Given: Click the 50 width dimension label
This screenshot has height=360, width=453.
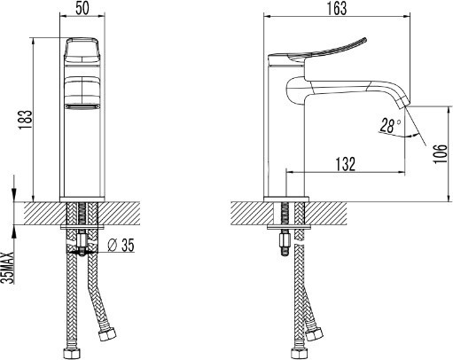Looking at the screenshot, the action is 82,8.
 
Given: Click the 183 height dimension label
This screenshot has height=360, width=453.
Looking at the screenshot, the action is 25,120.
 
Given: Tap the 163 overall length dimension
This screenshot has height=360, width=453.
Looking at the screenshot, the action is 337,8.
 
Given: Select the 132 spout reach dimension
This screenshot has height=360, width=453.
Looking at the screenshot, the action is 345,164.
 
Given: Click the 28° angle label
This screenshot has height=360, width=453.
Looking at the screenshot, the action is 390,126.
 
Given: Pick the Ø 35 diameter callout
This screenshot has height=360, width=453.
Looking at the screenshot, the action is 121,245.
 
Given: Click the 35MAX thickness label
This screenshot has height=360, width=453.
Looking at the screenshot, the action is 7,268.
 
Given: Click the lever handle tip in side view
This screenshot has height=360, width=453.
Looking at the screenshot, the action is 365,40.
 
